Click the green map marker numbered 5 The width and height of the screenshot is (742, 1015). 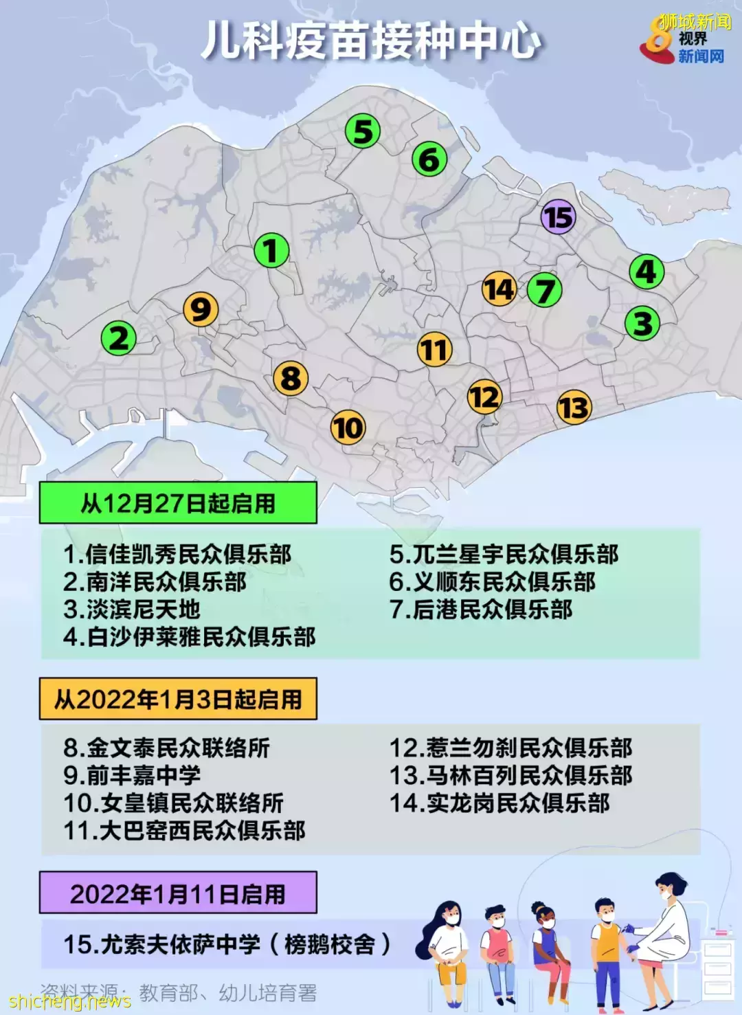coord(363,131)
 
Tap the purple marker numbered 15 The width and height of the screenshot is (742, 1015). coord(558,217)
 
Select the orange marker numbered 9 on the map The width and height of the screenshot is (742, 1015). coord(201,310)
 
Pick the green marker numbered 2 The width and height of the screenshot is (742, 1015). coord(119,338)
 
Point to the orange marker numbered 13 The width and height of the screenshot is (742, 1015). coord(574,408)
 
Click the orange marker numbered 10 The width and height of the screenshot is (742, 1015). coord(348,427)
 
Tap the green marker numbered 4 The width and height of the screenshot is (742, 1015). coord(647,272)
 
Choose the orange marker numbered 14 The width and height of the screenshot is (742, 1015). coord(499,289)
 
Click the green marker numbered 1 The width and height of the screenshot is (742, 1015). coord(271,251)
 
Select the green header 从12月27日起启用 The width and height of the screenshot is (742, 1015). coord(178,503)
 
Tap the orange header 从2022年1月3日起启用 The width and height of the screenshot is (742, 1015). coord(178,699)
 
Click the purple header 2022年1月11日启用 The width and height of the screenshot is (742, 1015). coord(178,893)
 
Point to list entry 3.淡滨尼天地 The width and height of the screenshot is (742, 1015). coord(132,610)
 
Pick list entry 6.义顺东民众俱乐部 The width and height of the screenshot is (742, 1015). coord(492,582)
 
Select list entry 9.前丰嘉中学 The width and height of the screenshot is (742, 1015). coord(132,775)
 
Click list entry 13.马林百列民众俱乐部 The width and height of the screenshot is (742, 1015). coord(510,775)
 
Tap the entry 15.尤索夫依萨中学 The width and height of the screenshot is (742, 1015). coord(227,944)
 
